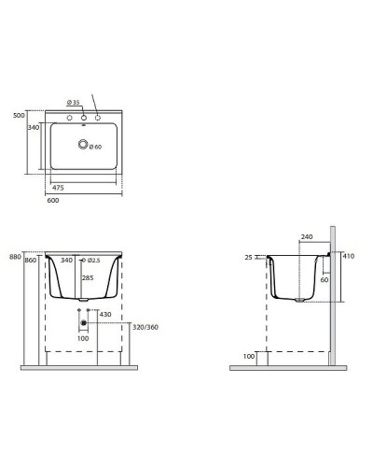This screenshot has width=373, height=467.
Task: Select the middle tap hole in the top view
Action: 84,117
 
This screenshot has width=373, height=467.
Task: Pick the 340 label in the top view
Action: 34,127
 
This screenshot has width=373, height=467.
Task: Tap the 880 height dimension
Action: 14,256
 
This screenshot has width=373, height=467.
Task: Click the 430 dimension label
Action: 104,314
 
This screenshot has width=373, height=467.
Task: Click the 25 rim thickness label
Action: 249,257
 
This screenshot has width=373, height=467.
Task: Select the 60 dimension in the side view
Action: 325,279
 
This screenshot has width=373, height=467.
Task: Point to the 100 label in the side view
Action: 248,356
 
